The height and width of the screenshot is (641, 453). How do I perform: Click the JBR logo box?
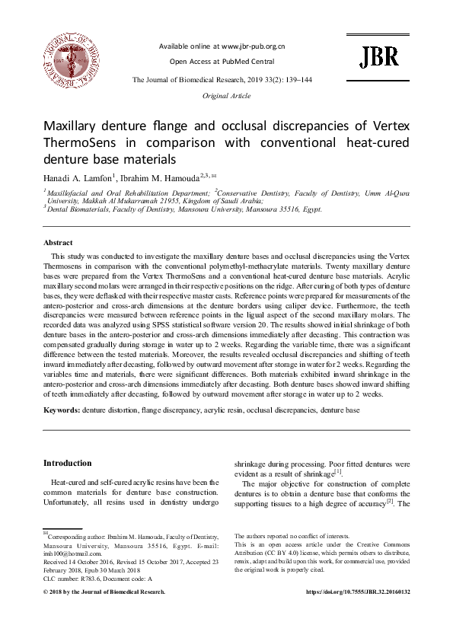coord(378,56)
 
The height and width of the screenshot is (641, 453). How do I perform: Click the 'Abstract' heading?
coord(59,242)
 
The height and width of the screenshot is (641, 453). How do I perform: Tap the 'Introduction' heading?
coord(67,463)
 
